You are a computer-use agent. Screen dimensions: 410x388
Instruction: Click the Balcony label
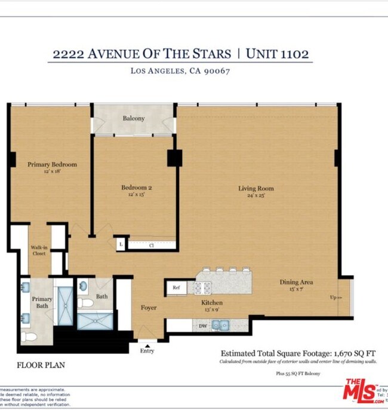pos(134,118)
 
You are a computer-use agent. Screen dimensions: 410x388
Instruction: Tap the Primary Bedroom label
pos(52,165)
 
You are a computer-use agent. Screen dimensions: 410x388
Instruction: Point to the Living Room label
pos(255,189)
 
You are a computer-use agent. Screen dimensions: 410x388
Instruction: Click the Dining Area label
pos(297,282)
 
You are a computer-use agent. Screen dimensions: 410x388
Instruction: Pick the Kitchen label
pos(212,303)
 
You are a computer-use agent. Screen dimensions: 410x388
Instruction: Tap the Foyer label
pos(149,307)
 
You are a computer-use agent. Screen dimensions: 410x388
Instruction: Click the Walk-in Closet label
pos(39,250)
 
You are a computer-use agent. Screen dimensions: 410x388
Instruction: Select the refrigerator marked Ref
pos(176,288)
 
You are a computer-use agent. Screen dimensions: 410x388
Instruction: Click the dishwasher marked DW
pos(202,326)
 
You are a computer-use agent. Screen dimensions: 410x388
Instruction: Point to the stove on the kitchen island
pos(202,288)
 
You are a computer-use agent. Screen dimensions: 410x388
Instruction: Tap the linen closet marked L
pos(121,244)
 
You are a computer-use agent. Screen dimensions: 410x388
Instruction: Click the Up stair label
pos(336,297)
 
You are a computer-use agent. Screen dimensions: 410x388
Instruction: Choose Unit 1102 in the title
pos(278,54)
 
